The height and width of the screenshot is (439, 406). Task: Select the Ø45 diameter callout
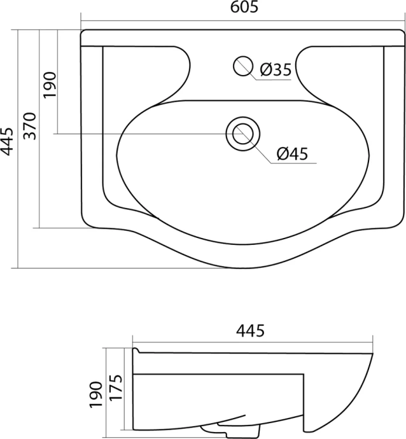coord(293,153)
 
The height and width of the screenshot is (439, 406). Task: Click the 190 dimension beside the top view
coord(50,84)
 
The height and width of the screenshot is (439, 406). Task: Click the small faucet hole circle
coord(243,66)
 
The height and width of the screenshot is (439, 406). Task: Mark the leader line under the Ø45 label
coord(293,163)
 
